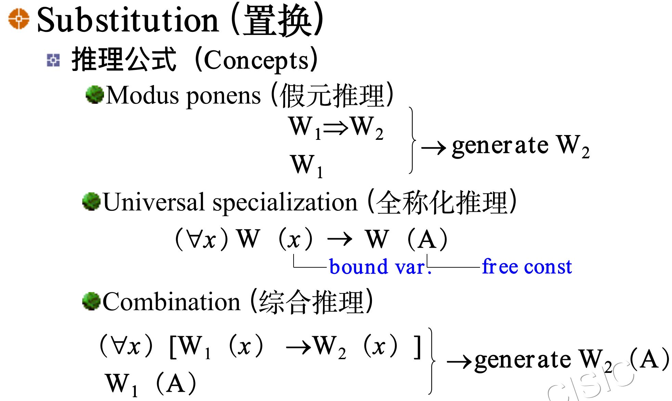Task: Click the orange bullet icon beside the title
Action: [18, 19]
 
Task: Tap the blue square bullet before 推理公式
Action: [53, 60]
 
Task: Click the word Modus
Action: [142, 95]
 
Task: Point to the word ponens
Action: [223, 96]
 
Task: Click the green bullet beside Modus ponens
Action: [94, 94]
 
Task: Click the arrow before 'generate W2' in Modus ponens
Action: [434, 148]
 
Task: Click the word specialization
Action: [285, 203]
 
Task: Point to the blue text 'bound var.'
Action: [380, 267]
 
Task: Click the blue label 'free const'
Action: [527, 266]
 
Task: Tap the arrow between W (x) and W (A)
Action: [339, 239]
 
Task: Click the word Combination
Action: [171, 302]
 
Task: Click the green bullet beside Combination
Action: [91, 301]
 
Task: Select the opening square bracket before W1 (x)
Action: [173, 347]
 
